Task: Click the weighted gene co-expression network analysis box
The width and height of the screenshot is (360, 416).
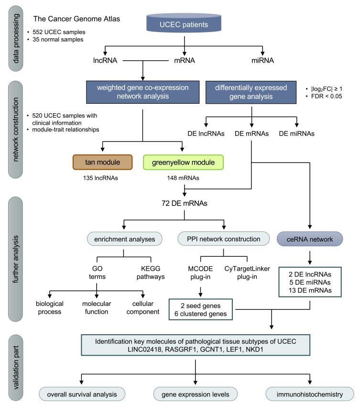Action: (142, 91)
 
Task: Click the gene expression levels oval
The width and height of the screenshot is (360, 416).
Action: (196, 394)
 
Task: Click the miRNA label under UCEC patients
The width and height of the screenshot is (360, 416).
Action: (263, 61)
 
